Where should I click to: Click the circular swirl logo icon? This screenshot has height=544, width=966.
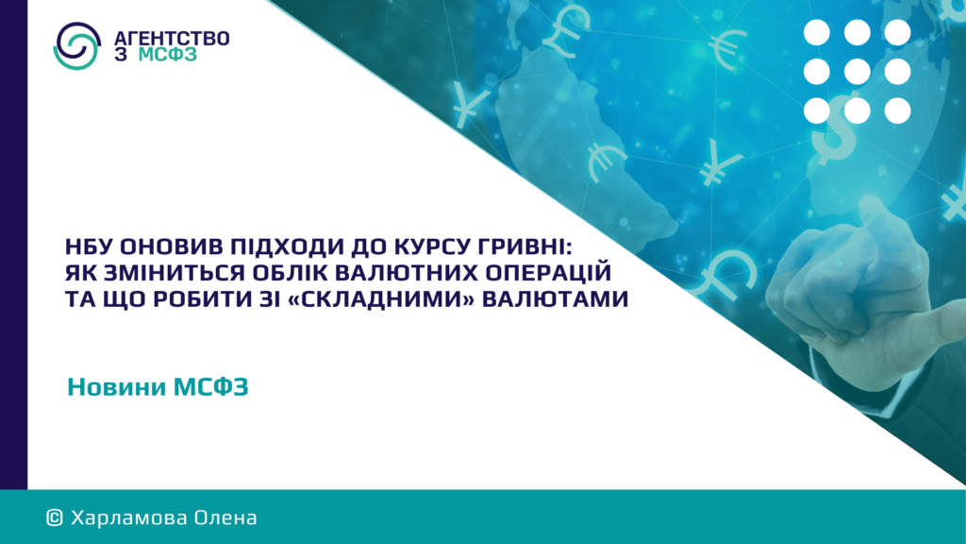(x=77, y=45)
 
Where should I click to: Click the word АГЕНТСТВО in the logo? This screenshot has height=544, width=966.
(x=172, y=38)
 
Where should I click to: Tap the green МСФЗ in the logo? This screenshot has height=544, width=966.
(x=168, y=54)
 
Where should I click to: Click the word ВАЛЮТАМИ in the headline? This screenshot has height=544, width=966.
(x=555, y=299)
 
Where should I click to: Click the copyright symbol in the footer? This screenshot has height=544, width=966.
(x=55, y=518)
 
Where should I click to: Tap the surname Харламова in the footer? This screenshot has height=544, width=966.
(x=128, y=518)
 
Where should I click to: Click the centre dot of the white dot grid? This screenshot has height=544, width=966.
(x=857, y=72)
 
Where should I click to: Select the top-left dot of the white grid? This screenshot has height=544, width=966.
(x=817, y=33)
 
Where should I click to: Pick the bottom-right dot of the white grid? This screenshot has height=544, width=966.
(x=897, y=111)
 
